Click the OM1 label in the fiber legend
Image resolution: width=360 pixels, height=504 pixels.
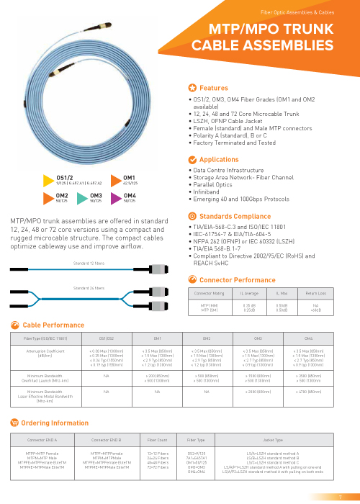coord(130,176)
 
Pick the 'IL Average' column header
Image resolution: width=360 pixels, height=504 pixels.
coord(249,294)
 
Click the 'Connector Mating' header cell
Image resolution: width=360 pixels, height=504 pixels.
coord(209,294)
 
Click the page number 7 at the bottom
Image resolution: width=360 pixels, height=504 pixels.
coord(340,497)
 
